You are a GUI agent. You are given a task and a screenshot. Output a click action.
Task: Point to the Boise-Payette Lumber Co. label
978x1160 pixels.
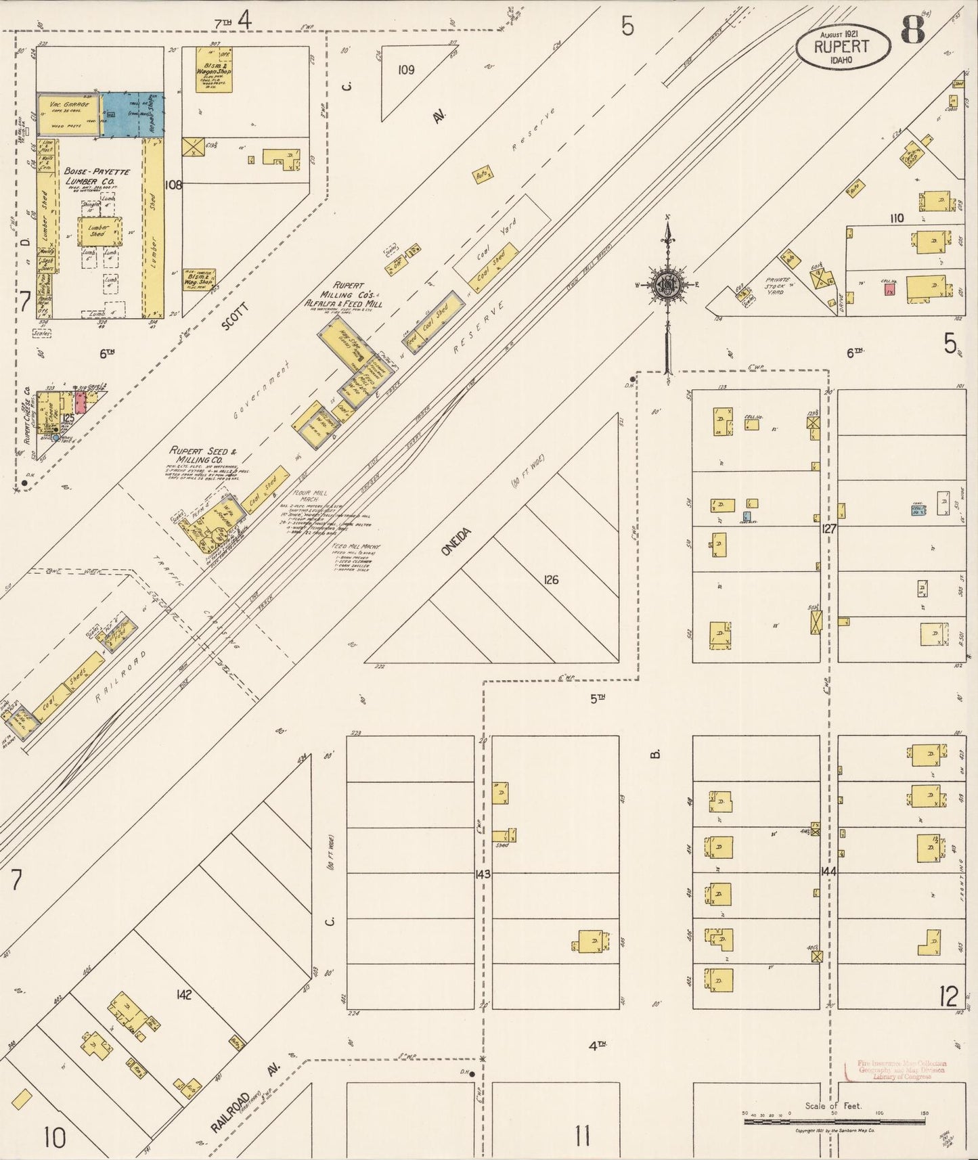tap(96, 177)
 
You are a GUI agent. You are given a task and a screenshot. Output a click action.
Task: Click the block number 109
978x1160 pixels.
tap(406, 70)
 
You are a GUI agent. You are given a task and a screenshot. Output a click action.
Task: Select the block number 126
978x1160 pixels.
tap(551, 580)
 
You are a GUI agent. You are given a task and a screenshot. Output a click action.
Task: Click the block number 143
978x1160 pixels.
tap(482, 874)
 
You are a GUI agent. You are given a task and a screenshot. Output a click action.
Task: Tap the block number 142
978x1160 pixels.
tap(183, 994)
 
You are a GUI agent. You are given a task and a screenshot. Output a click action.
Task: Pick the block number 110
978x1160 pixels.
tap(897, 218)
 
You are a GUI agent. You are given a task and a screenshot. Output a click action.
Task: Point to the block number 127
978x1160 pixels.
tap(829, 529)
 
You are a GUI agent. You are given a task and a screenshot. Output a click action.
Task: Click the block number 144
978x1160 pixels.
tap(828, 872)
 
